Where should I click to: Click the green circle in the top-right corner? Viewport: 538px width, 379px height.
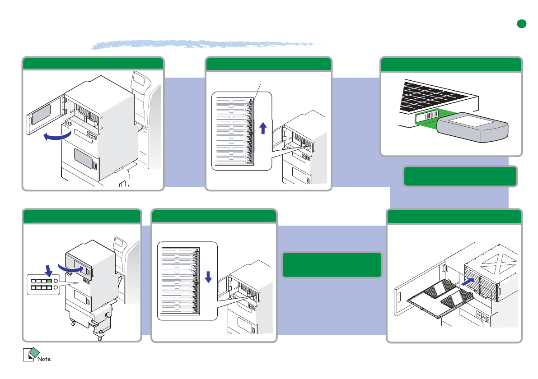click(522, 24)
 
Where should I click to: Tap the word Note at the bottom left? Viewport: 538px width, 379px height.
click(44, 359)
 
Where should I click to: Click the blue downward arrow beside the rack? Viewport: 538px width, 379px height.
click(208, 277)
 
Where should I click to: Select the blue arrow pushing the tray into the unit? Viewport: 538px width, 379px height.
click(468, 281)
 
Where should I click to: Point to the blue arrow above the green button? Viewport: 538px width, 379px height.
click(49, 269)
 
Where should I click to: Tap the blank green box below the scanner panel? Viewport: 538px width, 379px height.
click(460, 176)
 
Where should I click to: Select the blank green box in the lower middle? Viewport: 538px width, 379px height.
click(332, 264)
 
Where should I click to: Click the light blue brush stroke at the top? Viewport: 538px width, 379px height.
click(208, 44)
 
